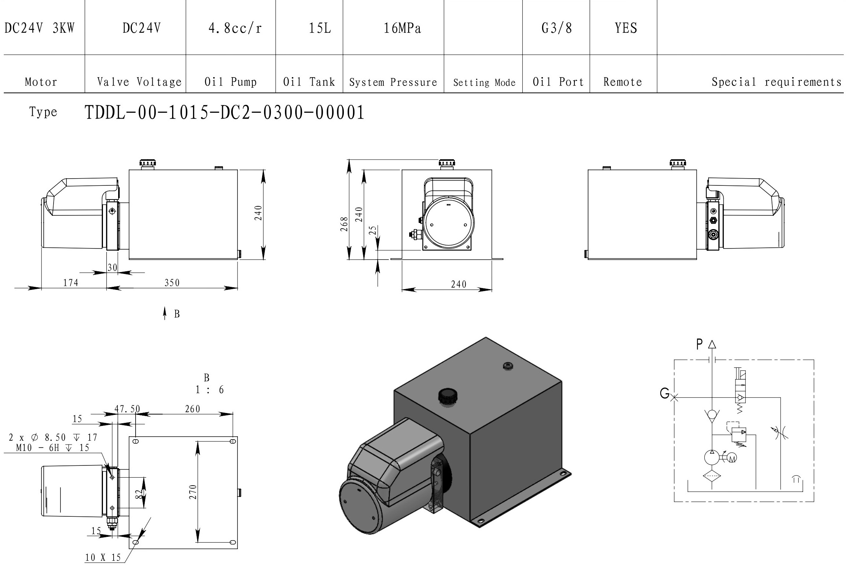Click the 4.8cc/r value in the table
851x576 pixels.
tap(235, 28)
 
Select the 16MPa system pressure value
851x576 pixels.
tap(402, 28)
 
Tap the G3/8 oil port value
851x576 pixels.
tap(557, 28)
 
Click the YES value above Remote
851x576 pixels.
tap(626, 28)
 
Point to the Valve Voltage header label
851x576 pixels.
tap(139, 82)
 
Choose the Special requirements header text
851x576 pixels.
tap(777, 82)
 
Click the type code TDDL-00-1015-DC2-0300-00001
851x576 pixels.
tap(225, 112)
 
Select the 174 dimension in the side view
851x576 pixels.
tap(71, 283)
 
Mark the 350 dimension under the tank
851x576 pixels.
tap(172, 283)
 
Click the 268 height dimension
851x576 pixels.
tap(344, 224)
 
